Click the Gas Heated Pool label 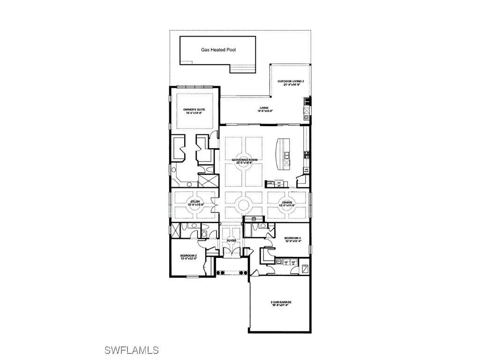coord(218,49)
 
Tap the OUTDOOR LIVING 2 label coord(291,82)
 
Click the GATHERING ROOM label coord(245,160)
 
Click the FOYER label coord(232,240)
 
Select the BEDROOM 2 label coord(188,255)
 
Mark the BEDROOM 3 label coord(293,239)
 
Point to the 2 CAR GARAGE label coord(280,302)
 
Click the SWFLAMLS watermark coord(131,350)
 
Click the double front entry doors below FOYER coord(232,252)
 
